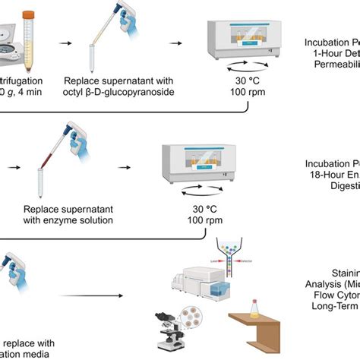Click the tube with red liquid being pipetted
point(38,175)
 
